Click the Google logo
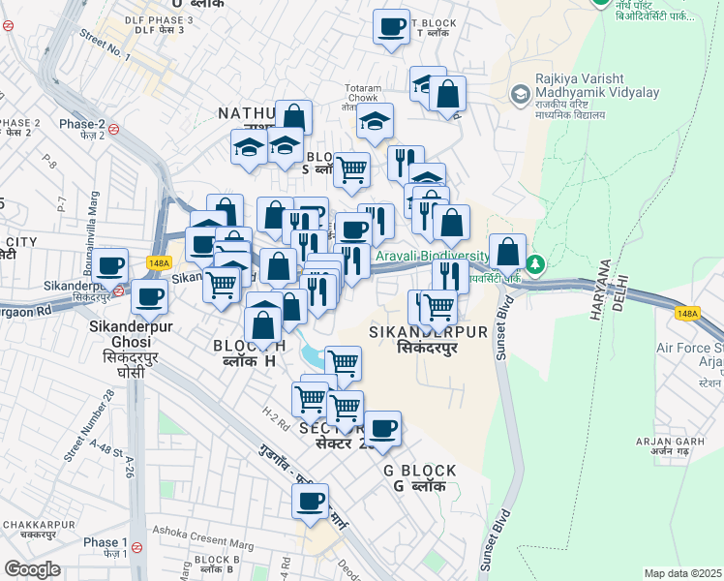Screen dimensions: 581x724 tap(32, 568)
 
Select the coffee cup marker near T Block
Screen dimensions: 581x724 tap(391, 27)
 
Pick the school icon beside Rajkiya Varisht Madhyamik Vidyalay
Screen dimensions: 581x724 tap(521, 94)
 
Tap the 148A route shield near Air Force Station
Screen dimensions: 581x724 tap(686, 314)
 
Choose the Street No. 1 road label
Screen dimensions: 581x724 tap(105, 45)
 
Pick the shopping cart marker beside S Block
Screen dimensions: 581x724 tap(351, 169)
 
